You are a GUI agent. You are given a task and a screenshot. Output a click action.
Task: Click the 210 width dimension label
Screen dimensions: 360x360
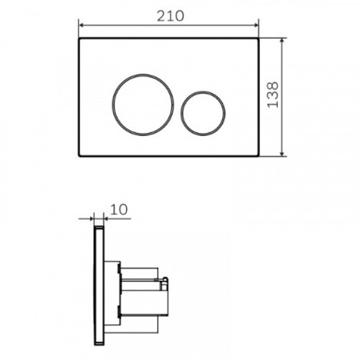[171, 17]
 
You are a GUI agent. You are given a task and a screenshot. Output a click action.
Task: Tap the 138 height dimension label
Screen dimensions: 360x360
[273, 95]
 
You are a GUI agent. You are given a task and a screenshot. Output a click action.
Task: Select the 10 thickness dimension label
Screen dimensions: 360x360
[119, 210]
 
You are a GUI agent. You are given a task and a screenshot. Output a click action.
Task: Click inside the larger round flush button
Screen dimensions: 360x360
[143, 104]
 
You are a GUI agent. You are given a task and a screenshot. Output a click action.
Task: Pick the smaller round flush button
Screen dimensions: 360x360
[203, 113]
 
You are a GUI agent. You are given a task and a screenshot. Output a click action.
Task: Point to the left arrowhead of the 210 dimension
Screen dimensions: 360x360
[81, 25]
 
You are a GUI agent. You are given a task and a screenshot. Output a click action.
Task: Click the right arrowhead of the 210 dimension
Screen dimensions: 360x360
[256, 25]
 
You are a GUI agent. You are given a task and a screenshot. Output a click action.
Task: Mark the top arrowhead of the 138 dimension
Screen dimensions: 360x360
[282, 40]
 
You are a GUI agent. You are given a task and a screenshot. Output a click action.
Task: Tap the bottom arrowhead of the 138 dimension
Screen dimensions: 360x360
[282, 153]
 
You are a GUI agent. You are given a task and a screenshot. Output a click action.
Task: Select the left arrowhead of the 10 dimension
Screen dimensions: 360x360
[91, 219]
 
